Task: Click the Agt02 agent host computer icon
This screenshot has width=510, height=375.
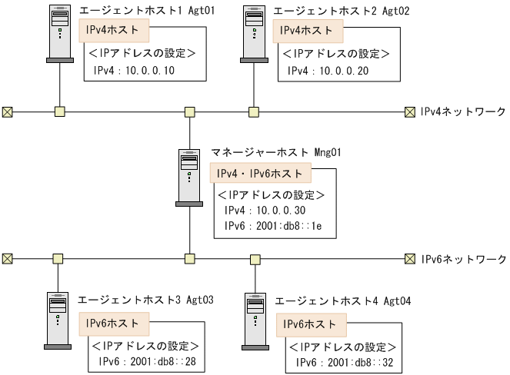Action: point(254,35)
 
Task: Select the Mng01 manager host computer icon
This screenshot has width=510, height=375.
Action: point(189,176)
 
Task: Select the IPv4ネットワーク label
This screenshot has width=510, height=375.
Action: point(462,112)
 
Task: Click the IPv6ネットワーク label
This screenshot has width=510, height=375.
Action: point(462,259)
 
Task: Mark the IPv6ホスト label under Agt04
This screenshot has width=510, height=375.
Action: point(310,324)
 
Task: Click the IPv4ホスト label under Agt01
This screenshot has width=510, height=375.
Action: point(114,32)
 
